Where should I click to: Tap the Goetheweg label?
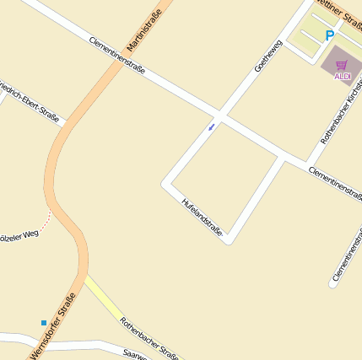[267, 55]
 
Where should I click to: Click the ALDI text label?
[343, 77]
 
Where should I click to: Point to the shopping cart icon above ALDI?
[342, 65]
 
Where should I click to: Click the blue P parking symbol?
[329, 35]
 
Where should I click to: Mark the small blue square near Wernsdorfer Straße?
[44, 322]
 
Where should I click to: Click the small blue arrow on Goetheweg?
[211, 126]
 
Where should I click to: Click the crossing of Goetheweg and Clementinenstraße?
[220, 115]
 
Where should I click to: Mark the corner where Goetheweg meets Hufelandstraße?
[167, 181]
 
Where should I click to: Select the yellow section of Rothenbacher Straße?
[105, 299]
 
